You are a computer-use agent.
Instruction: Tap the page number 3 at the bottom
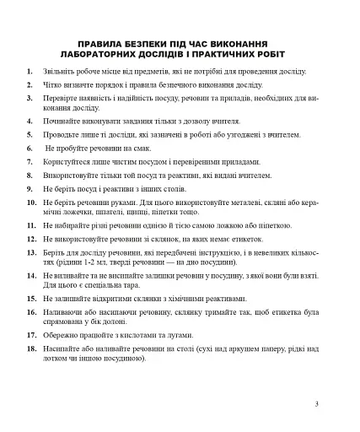pos(316,403)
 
